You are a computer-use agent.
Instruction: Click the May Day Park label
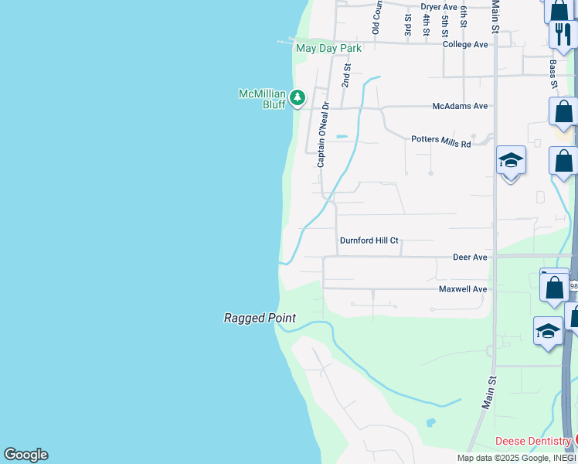[328, 48]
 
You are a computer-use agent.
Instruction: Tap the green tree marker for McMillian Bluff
[297, 97]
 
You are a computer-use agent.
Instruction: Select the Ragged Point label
[260, 318]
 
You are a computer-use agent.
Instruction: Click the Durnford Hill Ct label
[369, 241]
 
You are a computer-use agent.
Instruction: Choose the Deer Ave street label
[470, 257]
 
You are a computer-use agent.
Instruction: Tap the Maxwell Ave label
[463, 289]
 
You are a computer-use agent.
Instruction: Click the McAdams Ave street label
[460, 106]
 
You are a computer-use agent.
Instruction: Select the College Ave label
[465, 45]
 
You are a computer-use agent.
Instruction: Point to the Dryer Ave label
[439, 7]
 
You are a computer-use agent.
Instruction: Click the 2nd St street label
[347, 76]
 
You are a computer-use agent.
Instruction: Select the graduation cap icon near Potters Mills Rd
[511, 161]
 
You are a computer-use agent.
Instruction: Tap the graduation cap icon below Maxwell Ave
[548, 331]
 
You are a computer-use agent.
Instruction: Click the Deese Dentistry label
[533, 442]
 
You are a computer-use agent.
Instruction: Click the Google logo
[25, 455]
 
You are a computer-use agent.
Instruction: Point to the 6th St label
[464, 17]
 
